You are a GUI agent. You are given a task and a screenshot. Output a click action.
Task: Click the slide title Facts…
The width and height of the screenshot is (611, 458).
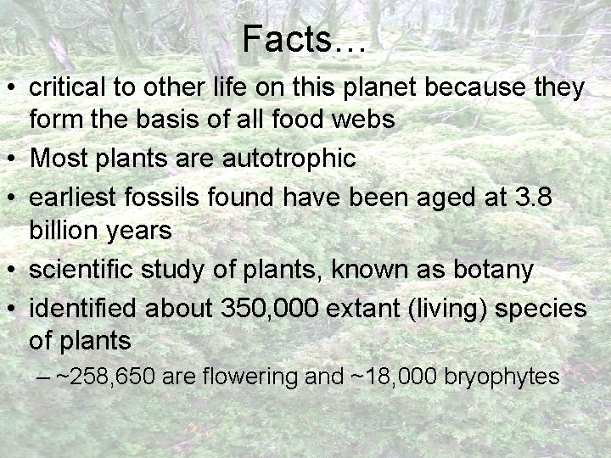[x=304, y=39]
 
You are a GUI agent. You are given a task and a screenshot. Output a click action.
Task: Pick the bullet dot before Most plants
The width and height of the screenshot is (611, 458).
[x=12, y=159]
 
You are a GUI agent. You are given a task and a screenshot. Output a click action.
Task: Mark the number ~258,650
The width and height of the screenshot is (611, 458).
[x=105, y=376]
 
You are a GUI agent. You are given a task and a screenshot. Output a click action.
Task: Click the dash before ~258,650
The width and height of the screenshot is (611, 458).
[x=44, y=377]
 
